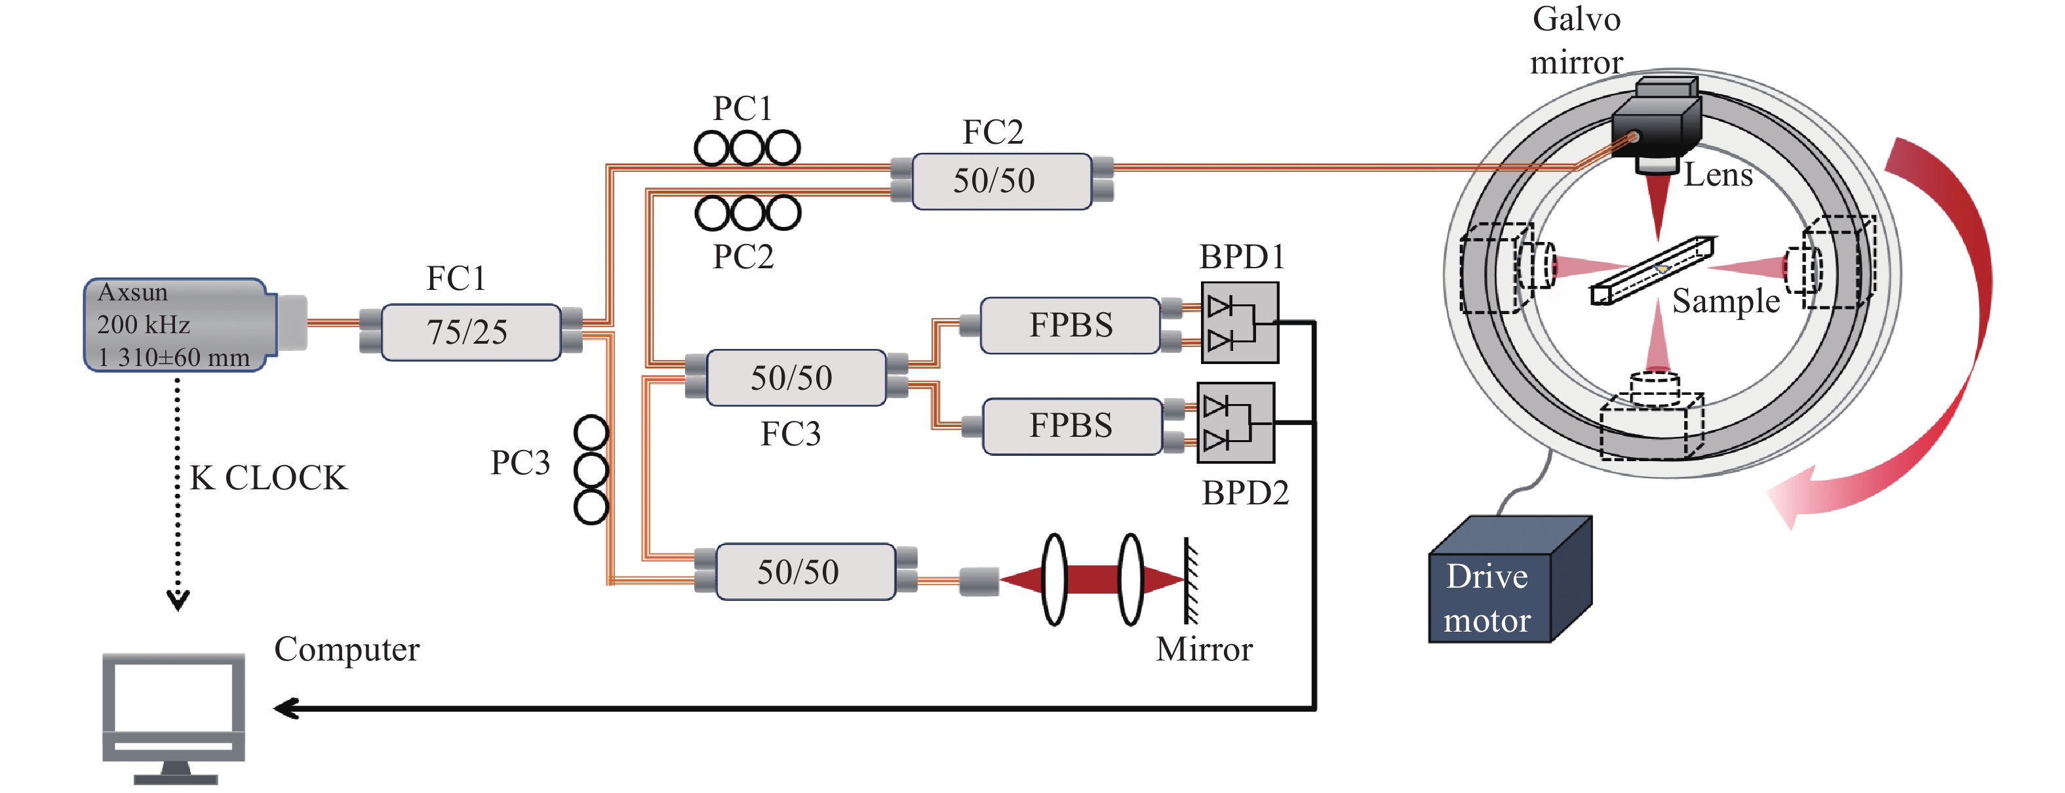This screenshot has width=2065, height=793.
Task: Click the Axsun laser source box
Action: [x=176, y=325]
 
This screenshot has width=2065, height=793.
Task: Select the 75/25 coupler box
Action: [x=470, y=332]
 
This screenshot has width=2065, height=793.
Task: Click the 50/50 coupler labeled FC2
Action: [x=1001, y=181]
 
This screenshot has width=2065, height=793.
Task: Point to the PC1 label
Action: [x=742, y=108]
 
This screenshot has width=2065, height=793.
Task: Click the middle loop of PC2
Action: [x=748, y=213]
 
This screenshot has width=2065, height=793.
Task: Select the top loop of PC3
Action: [x=591, y=433]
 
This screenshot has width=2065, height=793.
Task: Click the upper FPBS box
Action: [x=1070, y=325]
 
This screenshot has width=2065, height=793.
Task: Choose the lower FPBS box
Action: [x=1072, y=426]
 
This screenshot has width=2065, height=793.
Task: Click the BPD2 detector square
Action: [x=1235, y=422]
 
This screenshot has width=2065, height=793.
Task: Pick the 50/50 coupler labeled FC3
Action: [x=795, y=378]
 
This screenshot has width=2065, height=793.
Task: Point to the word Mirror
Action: [x=1204, y=649]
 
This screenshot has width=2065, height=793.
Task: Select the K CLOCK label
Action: [x=269, y=478]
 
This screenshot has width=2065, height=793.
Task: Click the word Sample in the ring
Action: [x=1725, y=302]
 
